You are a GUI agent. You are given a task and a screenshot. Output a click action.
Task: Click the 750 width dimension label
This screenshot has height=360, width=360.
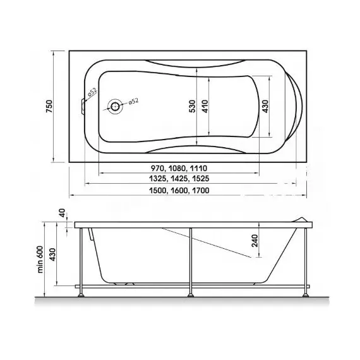pos(49,106)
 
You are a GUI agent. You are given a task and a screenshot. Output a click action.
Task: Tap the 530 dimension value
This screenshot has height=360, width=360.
pos(193,106)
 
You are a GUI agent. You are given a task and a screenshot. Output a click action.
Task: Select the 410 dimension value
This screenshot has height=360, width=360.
pos(205,106)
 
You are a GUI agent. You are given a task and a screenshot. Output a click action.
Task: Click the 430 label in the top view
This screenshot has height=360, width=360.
pos(265,106)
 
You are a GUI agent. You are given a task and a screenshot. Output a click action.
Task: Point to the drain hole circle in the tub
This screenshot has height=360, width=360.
pos(115,106)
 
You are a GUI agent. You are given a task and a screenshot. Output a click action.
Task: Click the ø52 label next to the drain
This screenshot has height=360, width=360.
pos(133,101)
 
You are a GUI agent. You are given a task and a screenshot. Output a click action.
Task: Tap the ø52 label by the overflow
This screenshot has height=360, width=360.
pos(92,92)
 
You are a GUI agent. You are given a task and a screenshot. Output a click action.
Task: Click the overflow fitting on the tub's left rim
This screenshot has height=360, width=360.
pos(83,106)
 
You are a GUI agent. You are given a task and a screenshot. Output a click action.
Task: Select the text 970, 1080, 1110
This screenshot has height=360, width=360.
pos(179,168)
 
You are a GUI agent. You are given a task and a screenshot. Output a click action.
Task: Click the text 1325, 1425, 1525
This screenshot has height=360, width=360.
pos(179,178)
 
